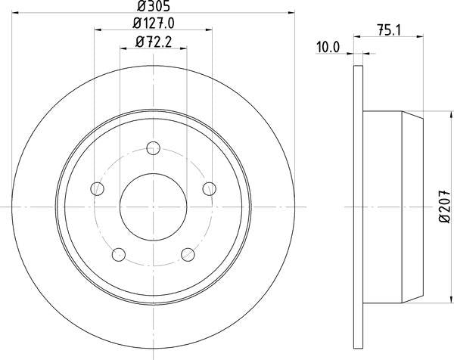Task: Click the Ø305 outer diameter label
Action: pyautogui.click(x=152, y=8)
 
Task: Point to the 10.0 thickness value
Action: pyautogui.click(x=327, y=47)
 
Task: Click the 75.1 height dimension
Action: pyautogui.click(x=387, y=30)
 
